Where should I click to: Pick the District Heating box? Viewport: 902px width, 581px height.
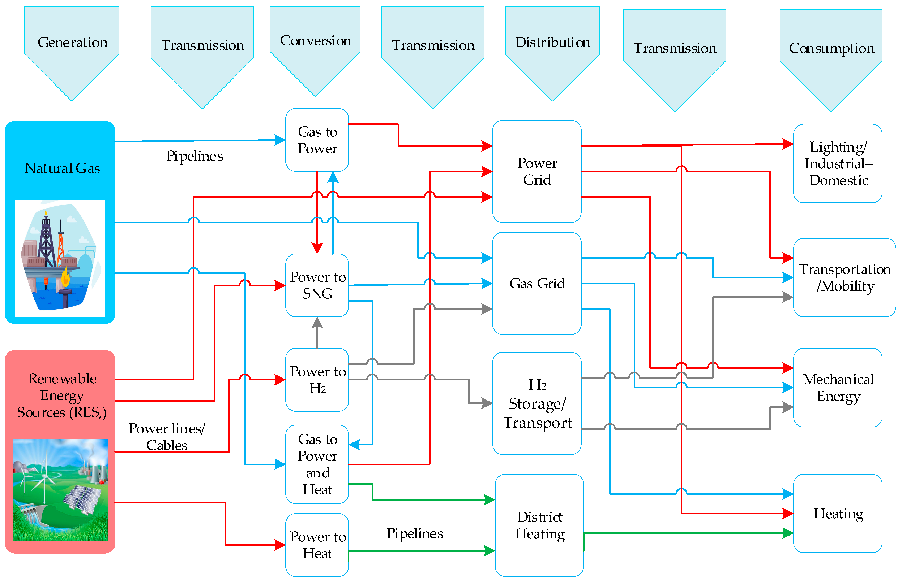pos(539,525)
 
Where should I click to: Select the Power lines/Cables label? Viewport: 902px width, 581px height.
pos(167,437)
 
